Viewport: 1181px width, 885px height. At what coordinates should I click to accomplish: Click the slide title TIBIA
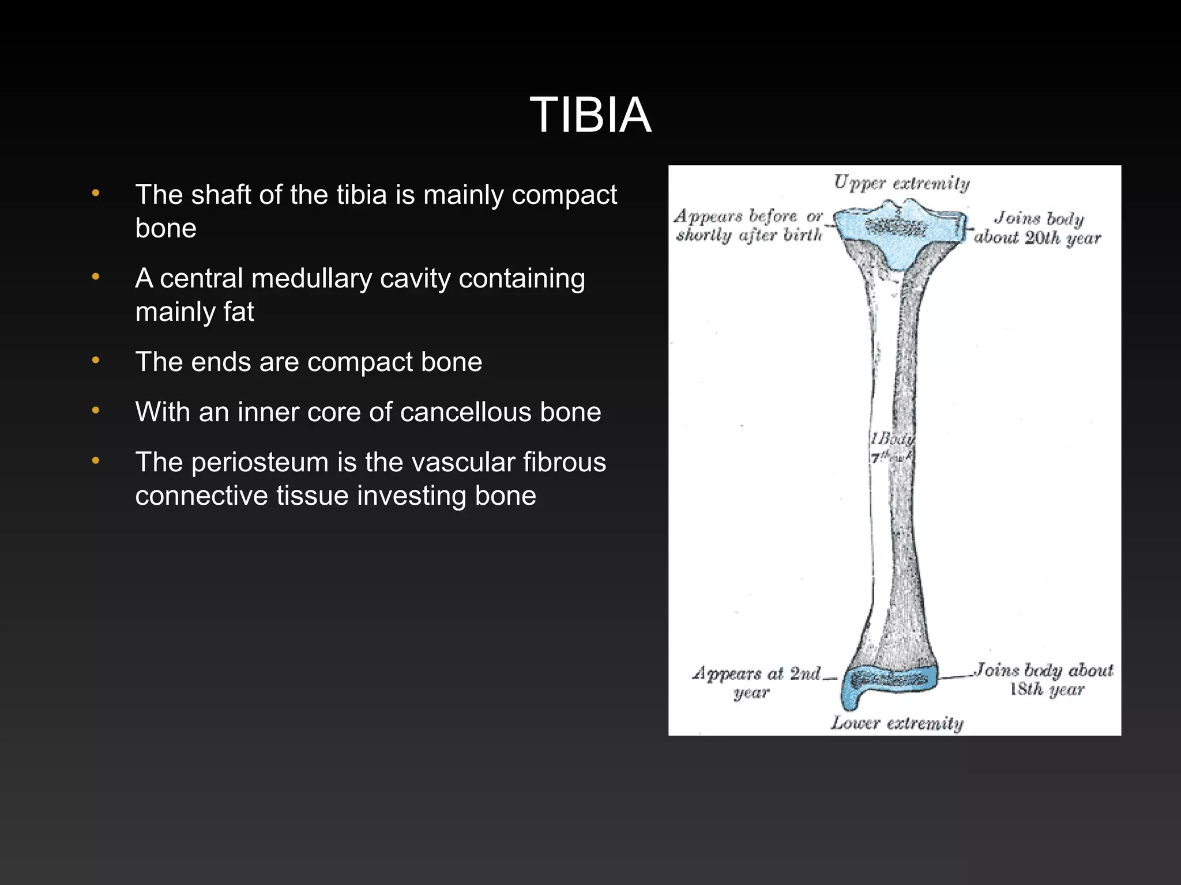click(590, 115)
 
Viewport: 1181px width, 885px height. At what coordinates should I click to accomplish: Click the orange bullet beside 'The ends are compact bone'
click(96, 361)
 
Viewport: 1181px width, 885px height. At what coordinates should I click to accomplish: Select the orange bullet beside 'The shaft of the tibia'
click(96, 194)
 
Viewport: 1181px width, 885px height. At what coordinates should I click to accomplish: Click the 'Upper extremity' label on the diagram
click(901, 183)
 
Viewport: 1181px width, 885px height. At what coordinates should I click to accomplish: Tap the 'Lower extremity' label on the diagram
click(897, 723)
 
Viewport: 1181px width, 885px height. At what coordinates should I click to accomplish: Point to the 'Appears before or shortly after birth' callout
click(749, 226)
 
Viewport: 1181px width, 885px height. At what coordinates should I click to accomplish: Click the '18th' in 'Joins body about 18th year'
click(1026, 689)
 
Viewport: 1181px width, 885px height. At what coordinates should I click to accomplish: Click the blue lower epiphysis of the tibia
click(885, 683)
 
